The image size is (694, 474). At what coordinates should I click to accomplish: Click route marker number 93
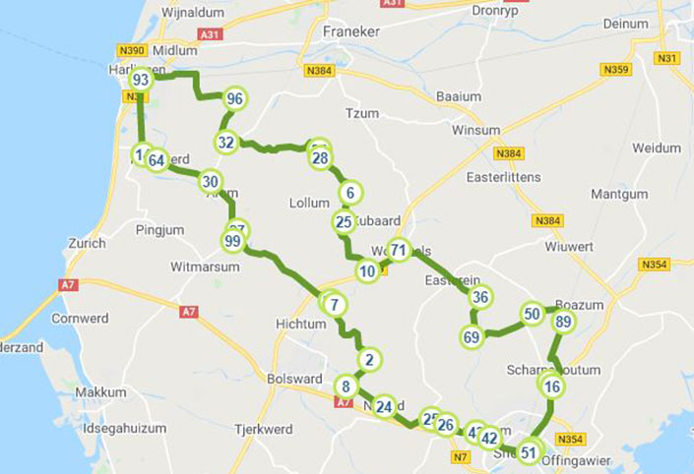(141, 80)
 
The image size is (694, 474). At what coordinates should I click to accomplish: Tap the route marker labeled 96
(234, 98)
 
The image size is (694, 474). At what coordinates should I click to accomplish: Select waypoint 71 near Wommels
(398, 250)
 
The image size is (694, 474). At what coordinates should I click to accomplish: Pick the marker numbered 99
(233, 241)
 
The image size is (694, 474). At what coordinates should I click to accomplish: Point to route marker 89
(563, 323)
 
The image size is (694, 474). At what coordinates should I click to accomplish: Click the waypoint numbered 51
(530, 452)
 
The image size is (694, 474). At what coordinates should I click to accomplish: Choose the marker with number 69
(473, 337)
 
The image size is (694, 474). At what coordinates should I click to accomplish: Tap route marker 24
(384, 406)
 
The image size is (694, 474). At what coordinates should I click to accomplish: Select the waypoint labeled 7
(335, 305)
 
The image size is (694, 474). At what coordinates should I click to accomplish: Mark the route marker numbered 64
(157, 160)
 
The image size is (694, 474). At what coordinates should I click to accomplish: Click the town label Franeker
(350, 31)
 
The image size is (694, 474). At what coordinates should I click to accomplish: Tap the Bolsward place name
(293, 379)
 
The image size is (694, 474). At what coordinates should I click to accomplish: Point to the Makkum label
(99, 392)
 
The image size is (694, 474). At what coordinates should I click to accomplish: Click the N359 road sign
(616, 69)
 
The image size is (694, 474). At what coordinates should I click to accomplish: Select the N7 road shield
(459, 456)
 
